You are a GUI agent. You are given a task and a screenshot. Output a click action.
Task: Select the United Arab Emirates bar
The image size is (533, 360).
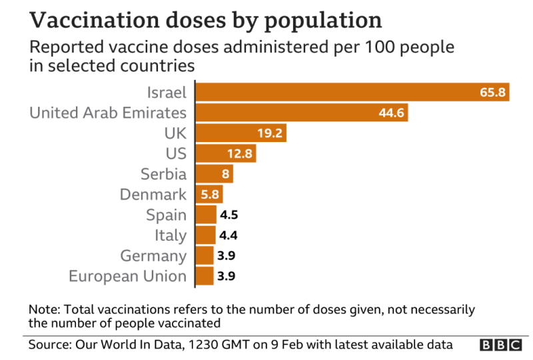coord(301,113)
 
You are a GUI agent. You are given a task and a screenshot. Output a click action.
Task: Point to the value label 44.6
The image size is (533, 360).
coord(392,113)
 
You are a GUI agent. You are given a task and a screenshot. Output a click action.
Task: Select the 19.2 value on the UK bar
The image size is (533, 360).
coord(270,133)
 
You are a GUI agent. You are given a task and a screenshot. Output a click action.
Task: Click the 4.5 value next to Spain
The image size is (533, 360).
coord(229,215)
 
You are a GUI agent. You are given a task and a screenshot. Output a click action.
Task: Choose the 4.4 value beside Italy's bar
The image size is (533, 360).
coord(229,235)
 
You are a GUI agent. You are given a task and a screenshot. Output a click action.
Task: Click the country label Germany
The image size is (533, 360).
coord(153,256)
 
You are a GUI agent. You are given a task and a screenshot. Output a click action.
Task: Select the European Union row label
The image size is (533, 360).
coord(127,276)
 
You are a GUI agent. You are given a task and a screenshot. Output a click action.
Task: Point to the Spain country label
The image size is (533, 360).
coord(167,215)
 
